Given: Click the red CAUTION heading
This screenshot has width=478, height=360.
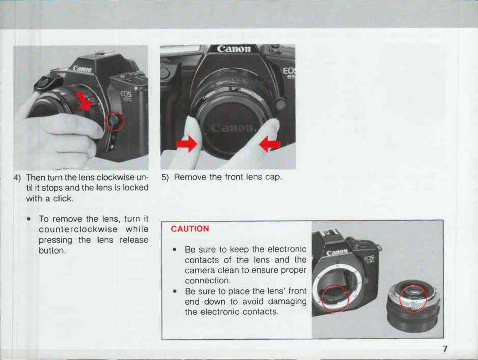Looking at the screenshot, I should click(190, 229).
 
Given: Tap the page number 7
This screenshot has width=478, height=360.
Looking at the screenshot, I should click(445, 348).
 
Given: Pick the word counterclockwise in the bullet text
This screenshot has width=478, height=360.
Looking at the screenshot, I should click(78, 229).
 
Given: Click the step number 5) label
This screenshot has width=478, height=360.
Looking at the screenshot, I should click(165, 177).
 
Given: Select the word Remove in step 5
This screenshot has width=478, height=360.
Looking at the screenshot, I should click(191, 177).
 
